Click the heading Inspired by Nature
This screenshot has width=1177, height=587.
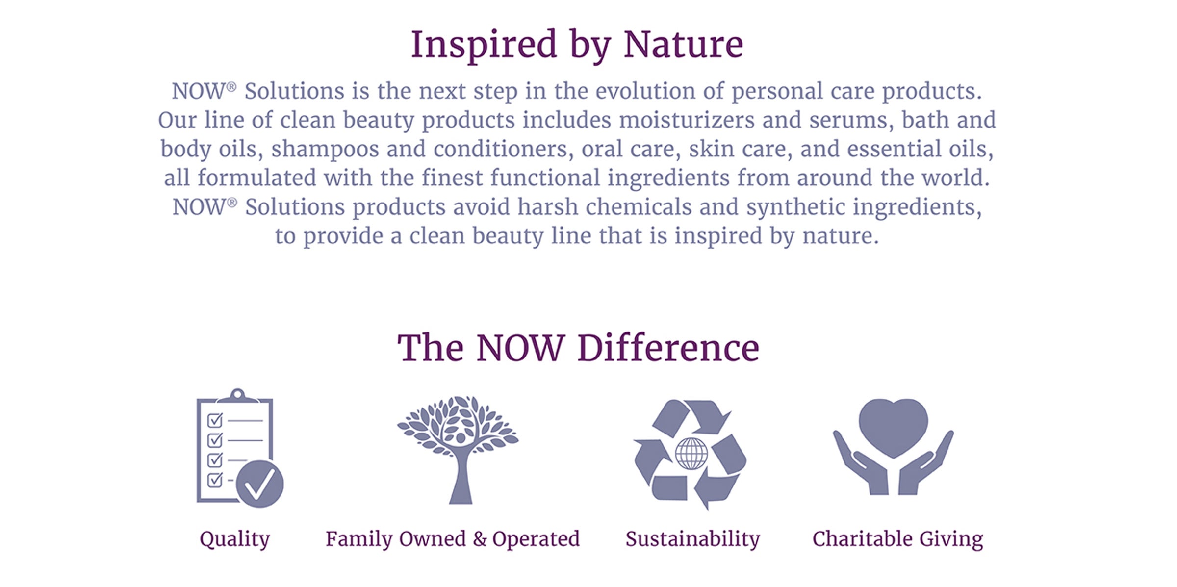[577, 46]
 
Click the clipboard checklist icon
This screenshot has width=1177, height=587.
[240, 448]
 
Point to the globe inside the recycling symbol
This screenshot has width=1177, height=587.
[691, 454]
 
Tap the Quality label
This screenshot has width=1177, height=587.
[235, 539]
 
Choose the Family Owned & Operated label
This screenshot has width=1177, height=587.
[453, 539]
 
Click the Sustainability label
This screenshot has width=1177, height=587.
[692, 539]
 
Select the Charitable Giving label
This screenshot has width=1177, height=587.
[897, 539]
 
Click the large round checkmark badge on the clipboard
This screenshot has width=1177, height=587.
[260, 484]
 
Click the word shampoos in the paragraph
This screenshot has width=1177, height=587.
[325, 150]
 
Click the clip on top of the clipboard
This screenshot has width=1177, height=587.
[237, 395]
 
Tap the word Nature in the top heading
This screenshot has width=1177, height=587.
[684, 45]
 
